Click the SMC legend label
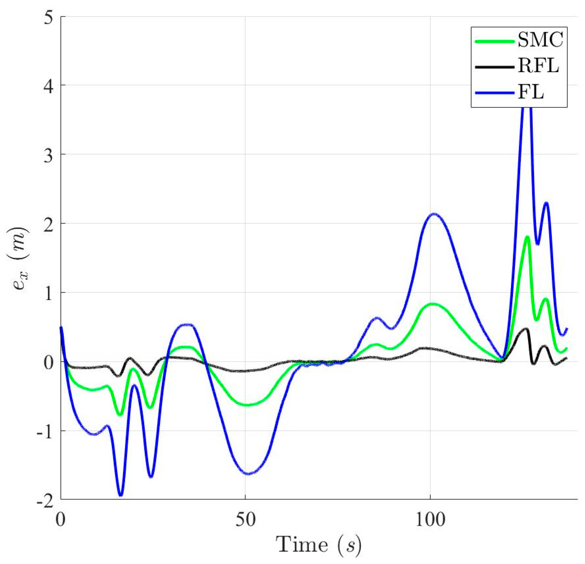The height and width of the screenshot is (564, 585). click(x=540, y=41)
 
